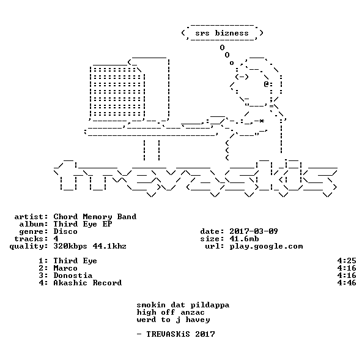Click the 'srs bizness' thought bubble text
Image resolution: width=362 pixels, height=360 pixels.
point(222,33)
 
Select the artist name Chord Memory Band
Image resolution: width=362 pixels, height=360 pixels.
point(95,217)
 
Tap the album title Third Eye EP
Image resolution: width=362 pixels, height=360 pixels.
point(83,224)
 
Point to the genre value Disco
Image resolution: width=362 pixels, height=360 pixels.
point(65,231)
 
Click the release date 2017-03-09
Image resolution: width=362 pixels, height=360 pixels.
point(254,231)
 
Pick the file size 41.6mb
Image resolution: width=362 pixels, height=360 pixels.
point(244,239)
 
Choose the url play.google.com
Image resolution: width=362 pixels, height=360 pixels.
point(266,247)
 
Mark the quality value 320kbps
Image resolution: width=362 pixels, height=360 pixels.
point(70,246)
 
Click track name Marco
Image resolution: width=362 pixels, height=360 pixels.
point(65,268)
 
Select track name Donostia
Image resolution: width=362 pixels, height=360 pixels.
point(73,276)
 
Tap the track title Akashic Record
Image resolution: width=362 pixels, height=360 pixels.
point(87,283)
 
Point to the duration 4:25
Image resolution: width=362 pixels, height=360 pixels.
point(347,261)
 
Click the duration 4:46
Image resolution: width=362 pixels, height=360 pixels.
point(347,283)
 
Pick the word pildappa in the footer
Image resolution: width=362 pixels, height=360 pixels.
point(210,305)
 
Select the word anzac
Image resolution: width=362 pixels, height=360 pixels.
point(193,313)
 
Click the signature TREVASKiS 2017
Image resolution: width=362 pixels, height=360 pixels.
point(180,334)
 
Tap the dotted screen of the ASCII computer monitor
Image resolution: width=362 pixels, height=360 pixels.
point(117,92)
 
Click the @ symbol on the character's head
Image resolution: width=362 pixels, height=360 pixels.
point(266,84)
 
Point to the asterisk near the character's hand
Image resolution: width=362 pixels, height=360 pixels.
point(261,121)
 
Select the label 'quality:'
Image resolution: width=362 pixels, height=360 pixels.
point(29,247)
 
